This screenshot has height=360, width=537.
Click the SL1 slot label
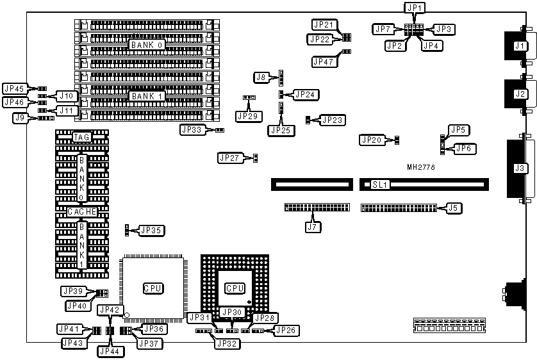pyautogui.click(x=380, y=184)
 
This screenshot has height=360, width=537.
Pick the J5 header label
pyautogui.click(x=453, y=208)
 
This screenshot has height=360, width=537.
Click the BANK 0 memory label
pyautogui.click(x=147, y=45)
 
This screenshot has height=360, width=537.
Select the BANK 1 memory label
pyautogui.click(x=147, y=96)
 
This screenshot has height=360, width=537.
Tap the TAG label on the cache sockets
pyautogui.click(x=81, y=137)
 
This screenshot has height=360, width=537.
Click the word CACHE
pyautogui.click(x=81, y=211)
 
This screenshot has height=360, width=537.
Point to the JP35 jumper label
pyautogui.click(x=151, y=230)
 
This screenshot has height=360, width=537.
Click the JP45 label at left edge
pyautogui.click(x=13, y=89)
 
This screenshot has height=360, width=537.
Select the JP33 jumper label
pyautogui.click(x=191, y=129)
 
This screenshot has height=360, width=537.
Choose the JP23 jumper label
pyautogui.click(x=333, y=119)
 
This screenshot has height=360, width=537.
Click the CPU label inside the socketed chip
pyautogui.click(x=235, y=288)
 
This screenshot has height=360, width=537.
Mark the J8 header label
pyautogui.click(x=261, y=78)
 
